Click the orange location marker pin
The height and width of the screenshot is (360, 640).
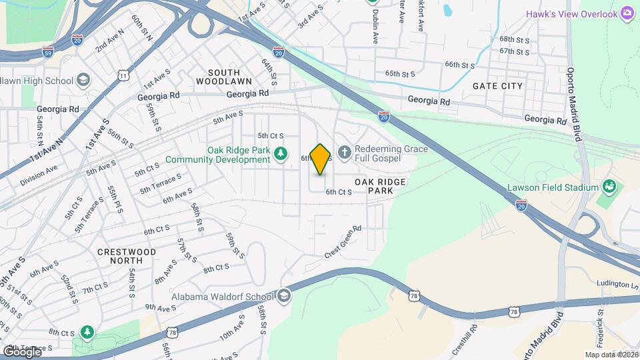click(x=321, y=159)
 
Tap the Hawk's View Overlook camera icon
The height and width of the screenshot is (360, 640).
click(x=627, y=13)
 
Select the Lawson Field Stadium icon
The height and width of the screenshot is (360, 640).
click(x=608, y=187)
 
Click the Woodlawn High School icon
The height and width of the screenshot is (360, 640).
click(x=83, y=81)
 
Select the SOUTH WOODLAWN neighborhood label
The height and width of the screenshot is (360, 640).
click(x=224, y=77)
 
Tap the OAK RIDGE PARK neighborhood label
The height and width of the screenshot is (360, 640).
click(x=379, y=186)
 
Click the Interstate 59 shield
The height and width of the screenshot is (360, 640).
click(x=47, y=51)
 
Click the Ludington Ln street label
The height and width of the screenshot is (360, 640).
click(x=613, y=285)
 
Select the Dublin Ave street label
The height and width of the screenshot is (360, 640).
click(x=375, y=27)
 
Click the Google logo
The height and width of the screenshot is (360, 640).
click(x=21, y=351)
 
